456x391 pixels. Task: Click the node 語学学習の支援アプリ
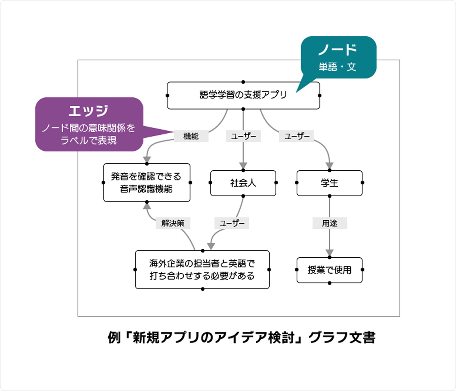pyautogui.click(x=243, y=95)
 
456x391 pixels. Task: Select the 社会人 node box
pyautogui.click(x=243, y=183)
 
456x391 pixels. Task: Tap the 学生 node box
pyautogui.click(x=329, y=183)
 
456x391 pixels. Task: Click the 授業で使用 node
pyautogui.click(x=329, y=270)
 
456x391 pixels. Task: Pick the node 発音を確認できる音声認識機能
pyautogui.click(x=147, y=183)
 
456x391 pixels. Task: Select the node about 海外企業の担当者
pyautogui.click(x=202, y=270)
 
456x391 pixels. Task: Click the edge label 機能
pyautogui.click(x=191, y=136)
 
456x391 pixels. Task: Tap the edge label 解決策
pyautogui.click(x=173, y=223)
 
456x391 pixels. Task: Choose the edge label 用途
pyautogui.click(x=330, y=223)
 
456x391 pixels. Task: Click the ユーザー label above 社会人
pyautogui.click(x=243, y=136)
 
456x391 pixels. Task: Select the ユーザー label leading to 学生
pyautogui.click(x=296, y=136)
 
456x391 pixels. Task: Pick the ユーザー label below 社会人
pyautogui.click(x=232, y=223)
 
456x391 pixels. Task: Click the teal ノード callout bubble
pyautogui.click(x=338, y=57)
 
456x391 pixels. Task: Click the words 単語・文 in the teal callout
pyautogui.click(x=337, y=67)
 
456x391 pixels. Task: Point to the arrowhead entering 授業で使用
pyautogui.click(x=330, y=253)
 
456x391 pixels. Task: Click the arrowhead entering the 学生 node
pyautogui.click(x=330, y=165)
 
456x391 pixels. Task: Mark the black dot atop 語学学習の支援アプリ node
pyautogui.click(x=243, y=82)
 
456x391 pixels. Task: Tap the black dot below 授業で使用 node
pyautogui.click(x=330, y=283)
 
